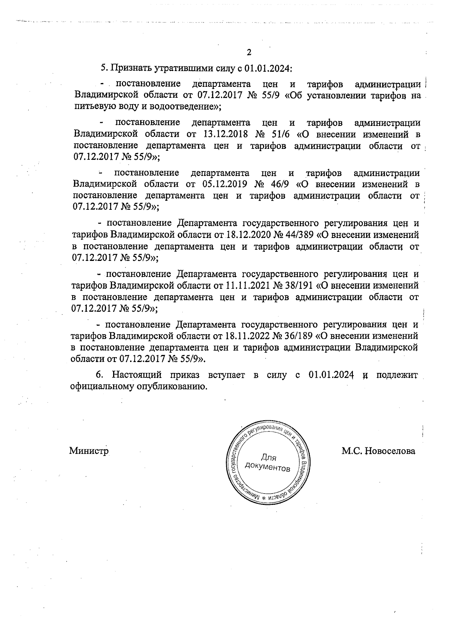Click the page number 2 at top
pos(248,52)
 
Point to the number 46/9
pos(282,185)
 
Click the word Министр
pos(89,451)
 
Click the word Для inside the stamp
pos(268,458)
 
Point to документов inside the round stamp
pos(267,468)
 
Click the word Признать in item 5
pos(131,68)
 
